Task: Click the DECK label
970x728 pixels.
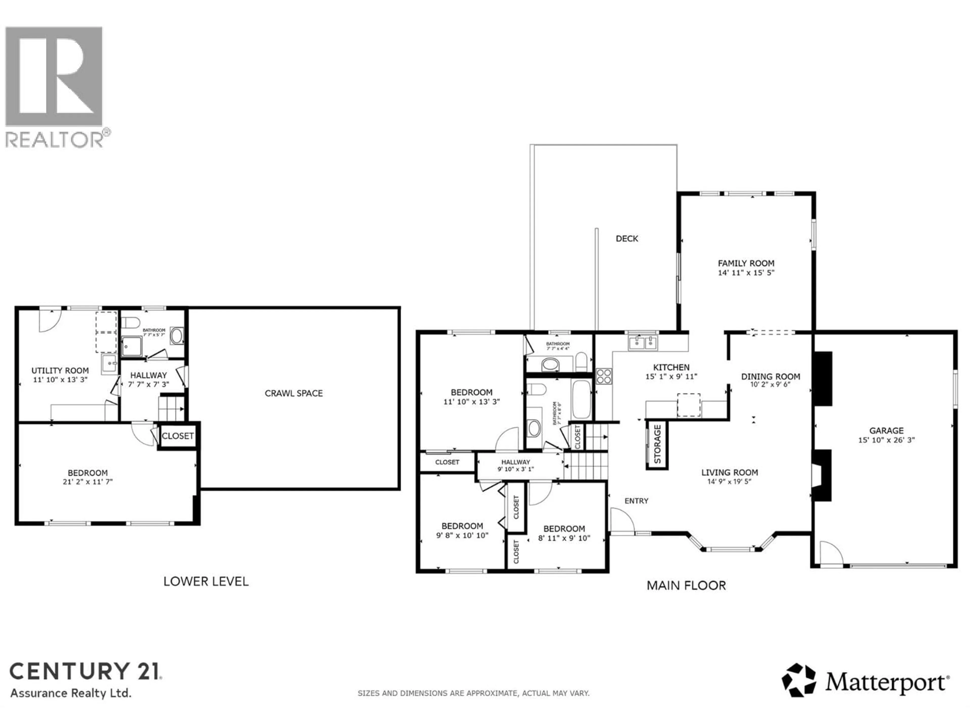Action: tap(627, 239)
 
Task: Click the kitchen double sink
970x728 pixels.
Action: tap(643, 343)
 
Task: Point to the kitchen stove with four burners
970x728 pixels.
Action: tap(604, 376)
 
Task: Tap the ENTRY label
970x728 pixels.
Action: tap(636, 501)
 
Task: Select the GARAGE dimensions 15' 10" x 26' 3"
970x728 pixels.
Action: tap(886, 440)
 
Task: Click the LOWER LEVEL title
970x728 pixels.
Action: tap(206, 582)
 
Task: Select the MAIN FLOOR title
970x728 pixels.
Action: tap(686, 585)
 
